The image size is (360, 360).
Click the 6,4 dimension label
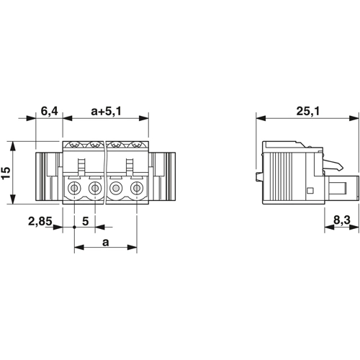click(49, 111)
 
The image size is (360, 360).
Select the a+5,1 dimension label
click(107, 111)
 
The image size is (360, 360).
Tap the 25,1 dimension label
click(308, 111)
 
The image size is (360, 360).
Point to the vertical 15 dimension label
click(6, 173)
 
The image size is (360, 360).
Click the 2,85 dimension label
click(40, 221)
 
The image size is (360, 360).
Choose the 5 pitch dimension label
click(86, 221)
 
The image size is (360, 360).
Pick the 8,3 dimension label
click(342, 220)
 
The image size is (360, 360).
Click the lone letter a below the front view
click(106, 243)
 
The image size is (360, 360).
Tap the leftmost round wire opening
click(74, 188)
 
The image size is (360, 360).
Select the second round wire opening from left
click(95, 188)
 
